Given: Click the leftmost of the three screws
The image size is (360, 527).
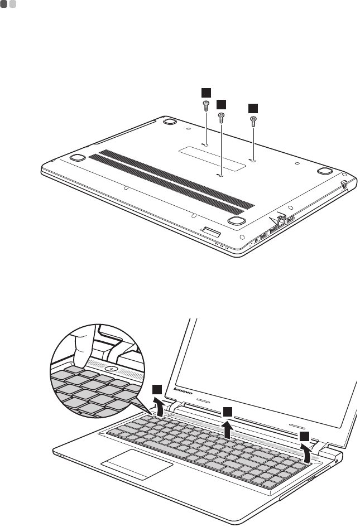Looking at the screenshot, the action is point(206,106).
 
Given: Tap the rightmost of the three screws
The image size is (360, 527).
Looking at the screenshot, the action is point(253,119).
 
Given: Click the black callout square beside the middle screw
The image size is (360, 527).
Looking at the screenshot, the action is point(222,104).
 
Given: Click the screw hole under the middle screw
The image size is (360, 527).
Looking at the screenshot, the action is point(220,175).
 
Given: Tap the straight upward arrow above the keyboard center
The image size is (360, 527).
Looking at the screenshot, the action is point(228,430).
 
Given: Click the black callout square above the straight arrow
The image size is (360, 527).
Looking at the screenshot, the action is point(228,412).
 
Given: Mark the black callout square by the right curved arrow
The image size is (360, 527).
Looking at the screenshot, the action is point(303,436).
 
